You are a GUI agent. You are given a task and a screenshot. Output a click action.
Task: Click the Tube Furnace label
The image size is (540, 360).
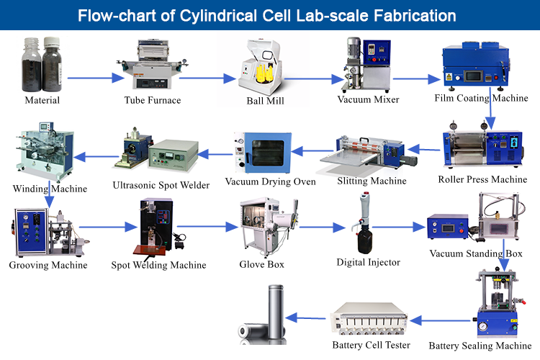(152, 100)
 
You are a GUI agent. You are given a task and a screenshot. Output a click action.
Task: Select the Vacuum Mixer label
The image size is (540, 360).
(369, 99)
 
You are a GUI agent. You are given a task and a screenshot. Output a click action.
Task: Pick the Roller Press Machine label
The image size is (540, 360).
(482, 179)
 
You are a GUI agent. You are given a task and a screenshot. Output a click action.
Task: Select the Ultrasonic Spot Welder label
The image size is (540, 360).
(161, 185)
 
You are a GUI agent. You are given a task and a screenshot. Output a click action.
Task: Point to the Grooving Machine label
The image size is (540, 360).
(48, 265)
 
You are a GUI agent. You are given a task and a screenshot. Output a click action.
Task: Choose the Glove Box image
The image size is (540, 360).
(264, 227)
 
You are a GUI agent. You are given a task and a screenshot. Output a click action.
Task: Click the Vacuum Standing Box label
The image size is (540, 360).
(476, 253)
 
